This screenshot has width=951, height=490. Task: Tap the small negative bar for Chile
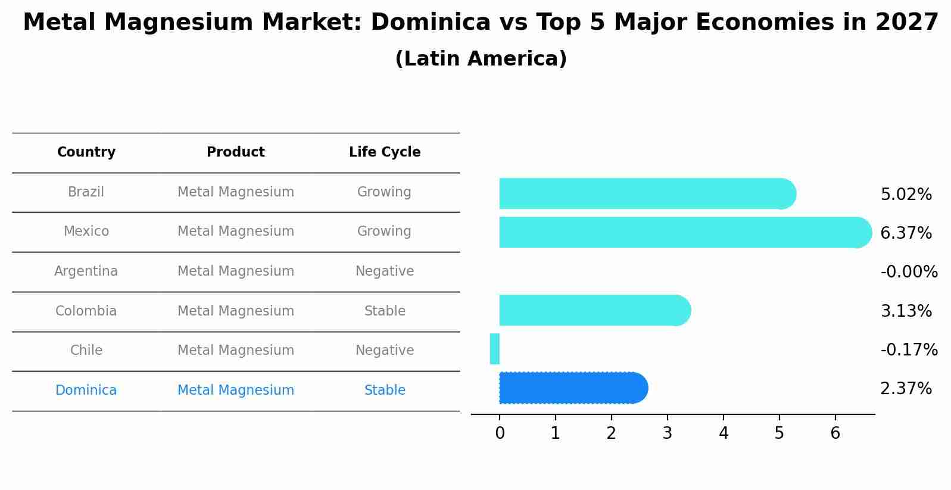(495, 349)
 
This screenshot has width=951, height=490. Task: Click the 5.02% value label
(906, 195)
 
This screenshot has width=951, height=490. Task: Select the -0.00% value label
(909, 272)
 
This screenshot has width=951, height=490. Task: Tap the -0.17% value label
(909, 349)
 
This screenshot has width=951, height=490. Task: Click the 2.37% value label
(906, 389)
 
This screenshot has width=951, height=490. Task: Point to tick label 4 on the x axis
(724, 433)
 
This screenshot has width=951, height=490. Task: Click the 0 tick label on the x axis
(500, 433)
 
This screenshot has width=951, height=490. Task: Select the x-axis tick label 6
(835, 433)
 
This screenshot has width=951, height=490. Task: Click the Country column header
(86, 152)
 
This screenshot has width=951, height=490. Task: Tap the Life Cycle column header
(385, 152)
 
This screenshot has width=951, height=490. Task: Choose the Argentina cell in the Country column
(86, 271)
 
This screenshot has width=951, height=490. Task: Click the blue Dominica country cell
(86, 391)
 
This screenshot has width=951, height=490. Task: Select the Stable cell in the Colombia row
(385, 311)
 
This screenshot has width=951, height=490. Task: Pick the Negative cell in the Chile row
(385, 351)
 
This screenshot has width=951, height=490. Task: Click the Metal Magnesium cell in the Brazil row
(236, 192)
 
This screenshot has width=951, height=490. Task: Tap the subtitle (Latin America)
(481, 59)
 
